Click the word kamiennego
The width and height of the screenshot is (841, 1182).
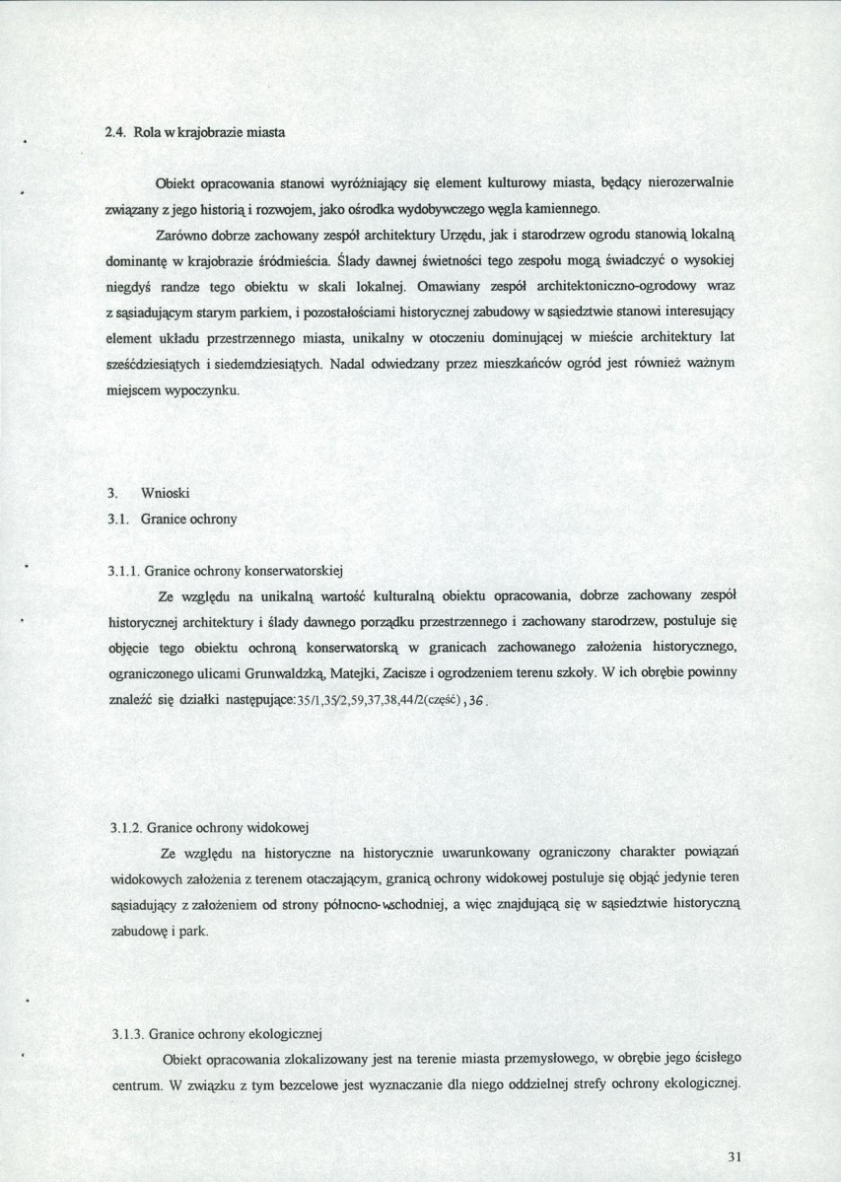tap(563, 209)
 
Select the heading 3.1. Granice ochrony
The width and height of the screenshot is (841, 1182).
tap(173, 518)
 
